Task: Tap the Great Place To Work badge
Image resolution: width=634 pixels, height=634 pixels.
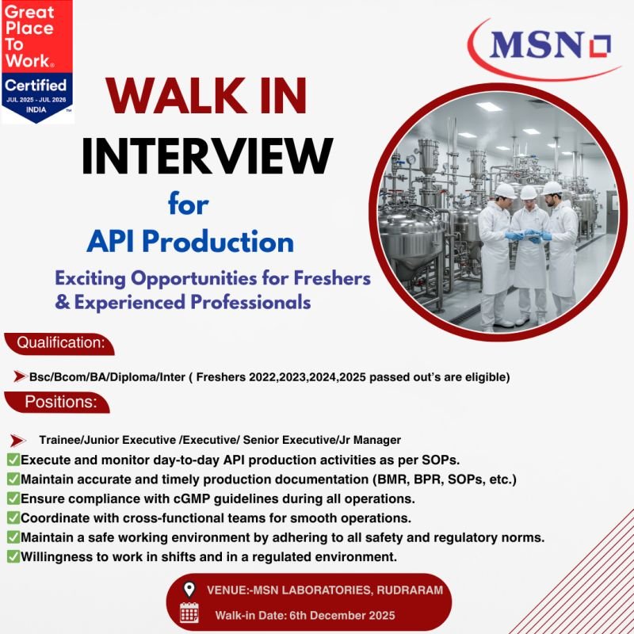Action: pos(36,61)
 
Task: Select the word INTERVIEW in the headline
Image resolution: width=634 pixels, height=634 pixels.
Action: pos(207,154)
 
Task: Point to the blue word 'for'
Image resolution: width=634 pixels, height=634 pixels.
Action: pos(188,204)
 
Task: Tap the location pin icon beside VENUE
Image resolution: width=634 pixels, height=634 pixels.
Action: pos(189,590)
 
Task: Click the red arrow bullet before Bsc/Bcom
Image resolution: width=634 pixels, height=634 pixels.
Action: pos(20,377)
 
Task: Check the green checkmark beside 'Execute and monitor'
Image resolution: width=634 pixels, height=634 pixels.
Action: pos(13,460)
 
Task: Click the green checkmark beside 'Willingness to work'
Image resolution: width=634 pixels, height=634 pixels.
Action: pos(13,557)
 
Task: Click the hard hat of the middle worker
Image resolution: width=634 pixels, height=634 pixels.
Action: pos(529,193)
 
